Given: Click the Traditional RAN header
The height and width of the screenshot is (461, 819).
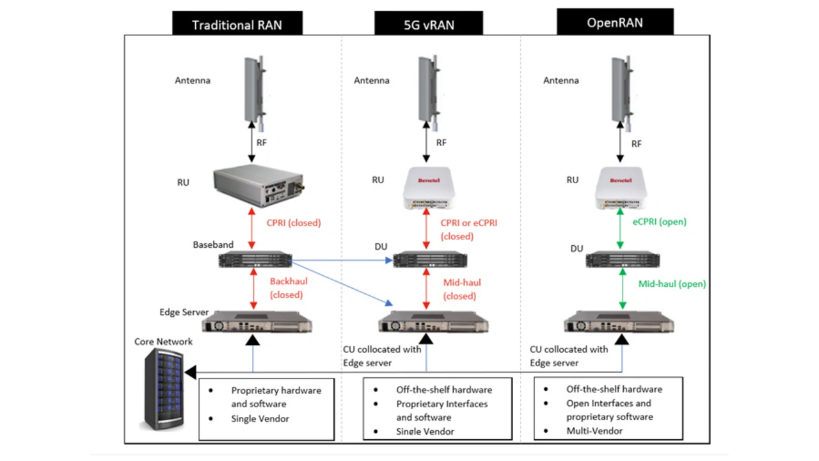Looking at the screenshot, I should pyautogui.click(x=237, y=25).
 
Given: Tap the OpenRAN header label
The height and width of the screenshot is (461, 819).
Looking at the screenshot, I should pyautogui.click(x=615, y=22).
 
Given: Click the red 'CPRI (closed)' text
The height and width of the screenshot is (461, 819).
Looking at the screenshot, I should pyautogui.click(x=293, y=223).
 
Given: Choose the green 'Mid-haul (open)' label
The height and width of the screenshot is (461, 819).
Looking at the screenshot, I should pyautogui.click(x=672, y=284).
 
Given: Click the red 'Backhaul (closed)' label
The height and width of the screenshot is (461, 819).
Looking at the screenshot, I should pyautogui.click(x=289, y=287).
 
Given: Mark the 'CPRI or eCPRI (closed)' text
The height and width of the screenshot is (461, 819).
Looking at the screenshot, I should pyautogui.click(x=468, y=229).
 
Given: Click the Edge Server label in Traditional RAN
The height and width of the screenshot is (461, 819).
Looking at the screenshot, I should pyautogui.click(x=184, y=312).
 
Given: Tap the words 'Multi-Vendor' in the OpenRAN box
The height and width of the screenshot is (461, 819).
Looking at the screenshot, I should pyautogui.click(x=594, y=431).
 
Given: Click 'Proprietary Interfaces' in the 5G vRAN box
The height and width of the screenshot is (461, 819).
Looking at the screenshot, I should pyautogui.click(x=441, y=404).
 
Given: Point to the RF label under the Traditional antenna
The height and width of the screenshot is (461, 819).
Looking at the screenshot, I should pyautogui.click(x=261, y=142).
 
